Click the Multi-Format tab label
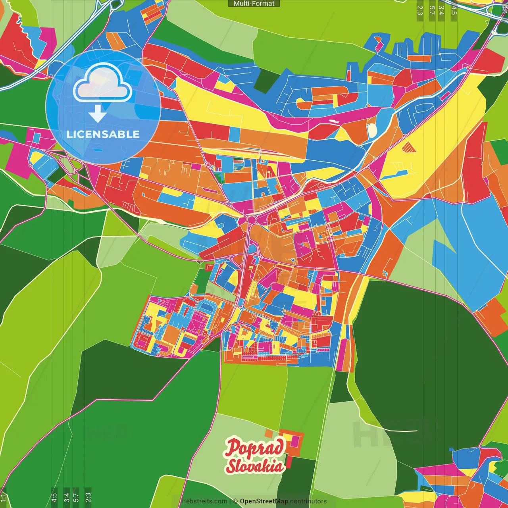tap(254, 4)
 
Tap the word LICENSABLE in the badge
tap(103, 134)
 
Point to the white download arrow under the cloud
tap(97, 114)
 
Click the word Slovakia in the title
tap(255, 466)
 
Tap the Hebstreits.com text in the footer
tap(204, 501)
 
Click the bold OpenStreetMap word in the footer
tap(264, 501)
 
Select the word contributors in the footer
tap(308, 501)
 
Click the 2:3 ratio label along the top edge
tap(420, 10)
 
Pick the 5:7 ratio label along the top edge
tap(432, 10)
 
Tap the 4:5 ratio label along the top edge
tap(454, 10)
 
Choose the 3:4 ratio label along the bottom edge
tap(66, 497)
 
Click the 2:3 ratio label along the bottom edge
tap(88, 497)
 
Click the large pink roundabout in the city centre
tap(251, 219)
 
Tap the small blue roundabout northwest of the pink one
tap(229, 204)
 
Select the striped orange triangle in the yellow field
tap(408, 147)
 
